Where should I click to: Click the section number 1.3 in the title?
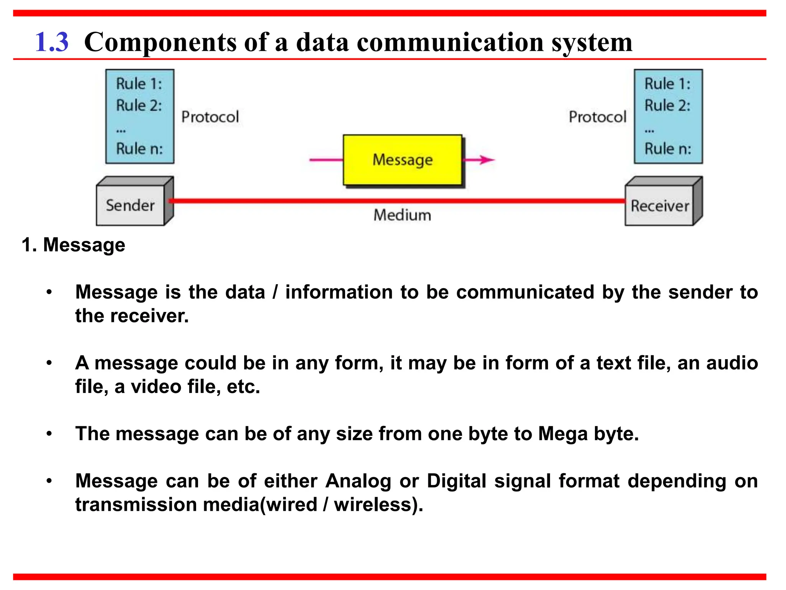click(x=52, y=42)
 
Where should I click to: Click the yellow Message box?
click(x=402, y=160)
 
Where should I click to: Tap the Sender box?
click(x=130, y=206)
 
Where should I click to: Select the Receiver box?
click(x=660, y=206)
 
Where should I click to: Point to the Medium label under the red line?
click(x=402, y=215)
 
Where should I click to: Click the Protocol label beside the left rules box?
click(x=210, y=117)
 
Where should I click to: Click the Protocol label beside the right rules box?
click(x=597, y=117)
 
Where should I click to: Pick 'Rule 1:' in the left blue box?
click(x=139, y=84)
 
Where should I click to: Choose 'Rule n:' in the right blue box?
click(x=667, y=149)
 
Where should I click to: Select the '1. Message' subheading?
click(x=73, y=245)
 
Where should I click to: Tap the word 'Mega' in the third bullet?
click(x=563, y=434)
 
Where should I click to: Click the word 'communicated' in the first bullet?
click(x=525, y=292)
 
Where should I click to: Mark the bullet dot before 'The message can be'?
click(x=49, y=434)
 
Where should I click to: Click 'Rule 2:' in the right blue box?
click(x=667, y=105)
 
